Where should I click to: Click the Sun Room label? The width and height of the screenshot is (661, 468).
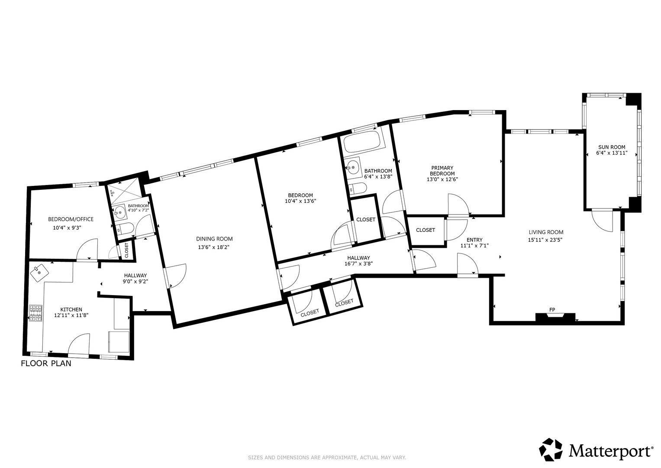[611, 147]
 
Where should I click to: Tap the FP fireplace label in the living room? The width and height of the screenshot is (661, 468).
[552, 310]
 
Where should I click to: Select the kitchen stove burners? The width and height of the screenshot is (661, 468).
[35, 313]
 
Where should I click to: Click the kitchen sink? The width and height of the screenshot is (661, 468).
[39, 273]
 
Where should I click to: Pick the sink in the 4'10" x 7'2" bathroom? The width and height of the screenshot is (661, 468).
[120, 212]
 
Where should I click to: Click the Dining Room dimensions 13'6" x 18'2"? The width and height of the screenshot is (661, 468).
[214, 247]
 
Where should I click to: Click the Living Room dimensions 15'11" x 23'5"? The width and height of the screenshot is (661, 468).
[545, 240]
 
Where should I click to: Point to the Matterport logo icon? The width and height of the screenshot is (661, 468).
[551, 449]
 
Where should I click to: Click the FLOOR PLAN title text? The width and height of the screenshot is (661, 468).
[46, 364]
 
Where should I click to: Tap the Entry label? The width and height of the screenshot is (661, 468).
[474, 240]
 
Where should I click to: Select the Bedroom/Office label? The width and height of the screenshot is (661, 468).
[71, 219]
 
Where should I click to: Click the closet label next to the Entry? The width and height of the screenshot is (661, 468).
[426, 230]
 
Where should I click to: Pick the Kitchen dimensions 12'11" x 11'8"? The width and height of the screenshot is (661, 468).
[71, 315]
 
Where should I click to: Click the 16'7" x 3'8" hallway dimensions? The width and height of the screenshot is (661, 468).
[358, 264]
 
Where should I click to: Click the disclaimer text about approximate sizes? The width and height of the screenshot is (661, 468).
[327, 458]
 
